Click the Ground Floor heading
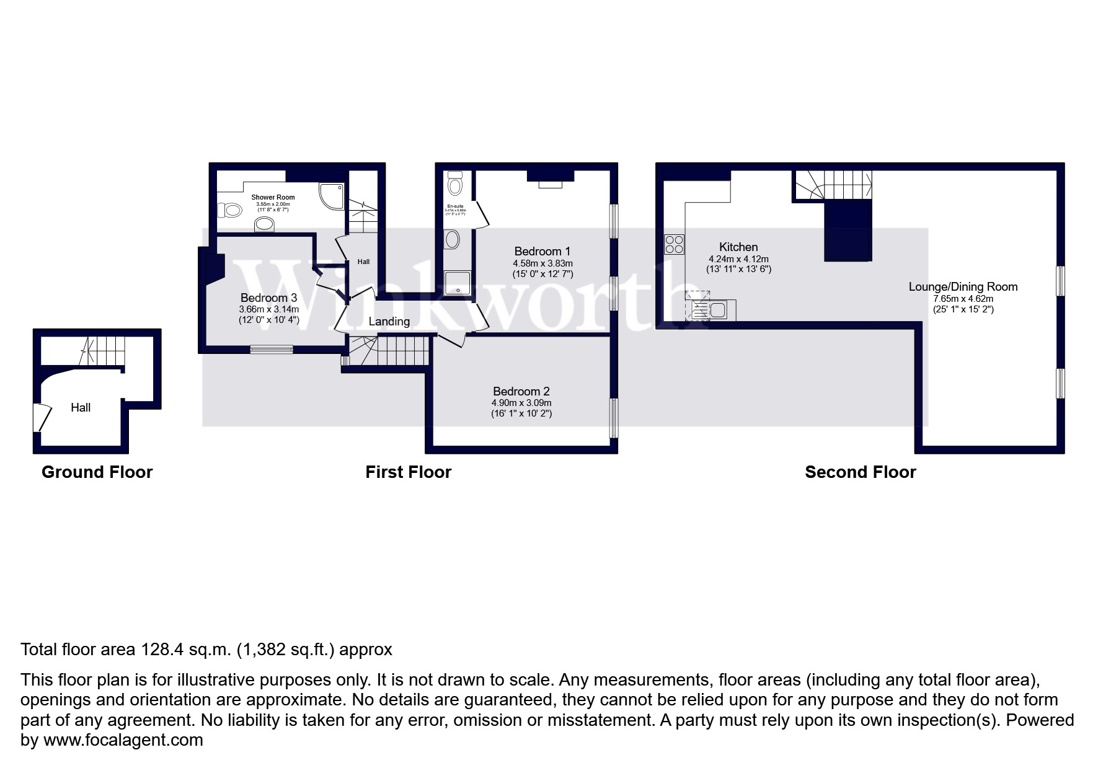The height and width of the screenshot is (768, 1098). (97, 472)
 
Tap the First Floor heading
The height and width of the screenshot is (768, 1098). (408, 472)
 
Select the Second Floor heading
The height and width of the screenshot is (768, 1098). (860, 472)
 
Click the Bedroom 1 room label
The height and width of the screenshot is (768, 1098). (542, 251)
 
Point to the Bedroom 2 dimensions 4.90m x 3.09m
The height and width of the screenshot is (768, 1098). (521, 403)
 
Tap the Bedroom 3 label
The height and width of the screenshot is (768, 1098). (268, 298)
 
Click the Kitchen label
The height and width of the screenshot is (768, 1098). (738, 247)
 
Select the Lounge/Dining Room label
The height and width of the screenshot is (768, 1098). (963, 286)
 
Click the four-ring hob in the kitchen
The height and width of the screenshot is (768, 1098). (674, 244)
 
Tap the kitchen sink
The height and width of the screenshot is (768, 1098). (717, 309)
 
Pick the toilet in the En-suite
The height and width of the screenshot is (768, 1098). (455, 183)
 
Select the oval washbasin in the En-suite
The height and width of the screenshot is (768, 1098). (452, 239)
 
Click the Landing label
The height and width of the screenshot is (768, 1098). (389, 321)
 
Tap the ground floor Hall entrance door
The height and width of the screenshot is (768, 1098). (41, 417)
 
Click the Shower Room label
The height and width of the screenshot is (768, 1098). (273, 197)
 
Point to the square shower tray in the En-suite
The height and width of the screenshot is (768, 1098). (457, 283)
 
